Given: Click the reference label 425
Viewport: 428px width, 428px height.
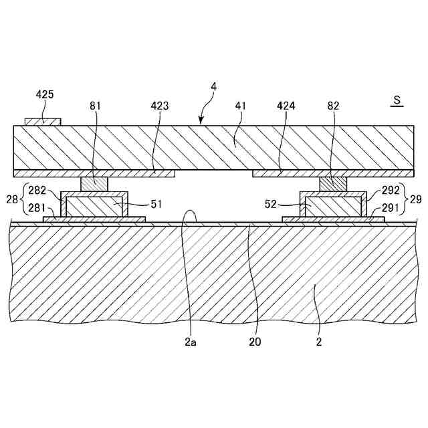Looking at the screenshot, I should click(x=45, y=95).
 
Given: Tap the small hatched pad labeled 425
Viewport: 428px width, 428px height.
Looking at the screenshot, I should click(x=43, y=122).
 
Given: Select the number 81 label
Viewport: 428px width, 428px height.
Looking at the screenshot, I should click(x=96, y=106).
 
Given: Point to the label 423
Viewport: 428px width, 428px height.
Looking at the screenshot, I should click(x=160, y=106).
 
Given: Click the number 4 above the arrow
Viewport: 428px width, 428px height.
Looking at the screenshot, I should click(x=213, y=86).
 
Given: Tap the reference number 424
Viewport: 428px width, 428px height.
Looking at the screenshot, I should click(x=286, y=106).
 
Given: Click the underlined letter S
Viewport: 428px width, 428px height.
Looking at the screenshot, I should click(x=397, y=101).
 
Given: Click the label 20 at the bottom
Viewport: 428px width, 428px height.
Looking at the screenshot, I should click(x=254, y=342).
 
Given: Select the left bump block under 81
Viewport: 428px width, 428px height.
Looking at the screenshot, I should click(x=94, y=183).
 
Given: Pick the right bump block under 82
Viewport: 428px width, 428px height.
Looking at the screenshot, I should click(x=334, y=183).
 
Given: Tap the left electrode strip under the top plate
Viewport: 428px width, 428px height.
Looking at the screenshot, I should click(x=94, y=173).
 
